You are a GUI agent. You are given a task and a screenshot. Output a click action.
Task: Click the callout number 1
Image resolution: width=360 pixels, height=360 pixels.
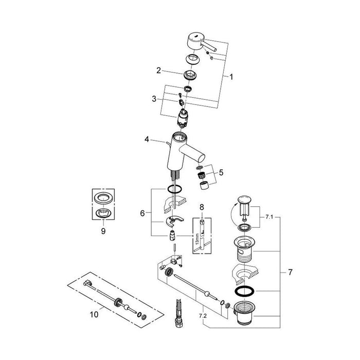click(x=231, y=77)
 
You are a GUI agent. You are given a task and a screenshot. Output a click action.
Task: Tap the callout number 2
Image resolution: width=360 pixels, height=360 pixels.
click(x=158, y=70)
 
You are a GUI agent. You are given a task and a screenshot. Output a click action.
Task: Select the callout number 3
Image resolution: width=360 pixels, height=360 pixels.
click(x=154, y=99)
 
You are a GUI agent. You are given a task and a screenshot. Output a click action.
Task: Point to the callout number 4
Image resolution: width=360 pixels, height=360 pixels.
click(x=147, y=139)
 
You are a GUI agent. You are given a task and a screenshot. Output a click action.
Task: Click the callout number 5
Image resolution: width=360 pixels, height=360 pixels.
click(x=221, y=172)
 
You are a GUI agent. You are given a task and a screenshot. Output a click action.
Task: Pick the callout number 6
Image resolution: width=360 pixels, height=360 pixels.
click(x=142, y=213)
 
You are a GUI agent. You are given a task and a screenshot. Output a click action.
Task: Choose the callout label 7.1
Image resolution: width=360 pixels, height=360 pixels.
click(x=269, y=217)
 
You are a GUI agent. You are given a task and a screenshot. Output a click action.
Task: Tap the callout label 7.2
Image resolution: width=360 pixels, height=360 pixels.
click(x=203, y=316)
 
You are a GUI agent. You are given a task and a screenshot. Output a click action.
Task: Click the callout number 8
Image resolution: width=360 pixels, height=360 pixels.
click(x=202, y=207)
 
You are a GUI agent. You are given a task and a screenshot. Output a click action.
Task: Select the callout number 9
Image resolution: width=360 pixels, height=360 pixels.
click(x=103, y=231)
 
